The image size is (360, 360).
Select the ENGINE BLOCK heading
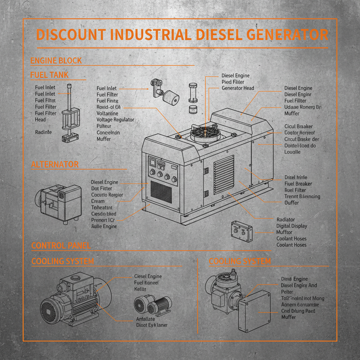(56, 60)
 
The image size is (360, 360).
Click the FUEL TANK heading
(49, 75)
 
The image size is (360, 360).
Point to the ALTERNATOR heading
(55, 165)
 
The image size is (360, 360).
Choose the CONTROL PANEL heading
(61, 246)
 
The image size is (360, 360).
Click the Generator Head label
(238, 88)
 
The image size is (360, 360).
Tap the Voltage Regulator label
(115, 120)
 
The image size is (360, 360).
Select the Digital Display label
(291, 226)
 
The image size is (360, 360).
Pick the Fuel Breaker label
(298, 184)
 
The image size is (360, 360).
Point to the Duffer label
(291, 203)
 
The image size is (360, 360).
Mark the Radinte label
(43, 132)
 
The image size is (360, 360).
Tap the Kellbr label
(140, 289)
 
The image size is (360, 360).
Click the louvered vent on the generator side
(224, 175)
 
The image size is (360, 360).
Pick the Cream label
(98, 201)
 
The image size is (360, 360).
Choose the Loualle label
(292, 152)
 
